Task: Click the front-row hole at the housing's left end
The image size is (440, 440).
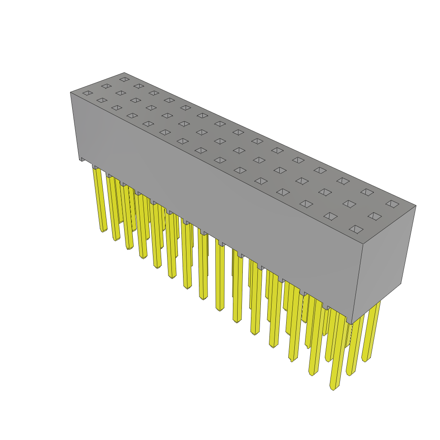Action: pos(88,93)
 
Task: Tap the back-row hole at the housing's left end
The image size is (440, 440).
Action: pos(125,79)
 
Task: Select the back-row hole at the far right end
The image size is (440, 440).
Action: pos(392,204)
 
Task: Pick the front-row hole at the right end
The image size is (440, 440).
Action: pos(356,229)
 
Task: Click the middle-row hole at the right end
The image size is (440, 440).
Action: pos(375,216)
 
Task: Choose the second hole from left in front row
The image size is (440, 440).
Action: pos(102,100)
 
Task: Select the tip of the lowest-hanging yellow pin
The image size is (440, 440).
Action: pos(333,388)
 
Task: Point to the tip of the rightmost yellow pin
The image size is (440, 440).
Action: pos(365,360)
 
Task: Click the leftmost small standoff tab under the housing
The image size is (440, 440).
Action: pos(82,159)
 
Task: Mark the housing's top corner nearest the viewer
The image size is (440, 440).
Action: pos(363,244)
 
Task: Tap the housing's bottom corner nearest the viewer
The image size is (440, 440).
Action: pos(351,323)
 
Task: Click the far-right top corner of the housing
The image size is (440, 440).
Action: pos(416,206)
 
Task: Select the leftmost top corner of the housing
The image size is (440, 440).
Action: pos(71,92)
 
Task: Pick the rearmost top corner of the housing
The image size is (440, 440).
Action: pos(124,73)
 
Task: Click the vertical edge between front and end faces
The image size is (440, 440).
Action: pos(357,284)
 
